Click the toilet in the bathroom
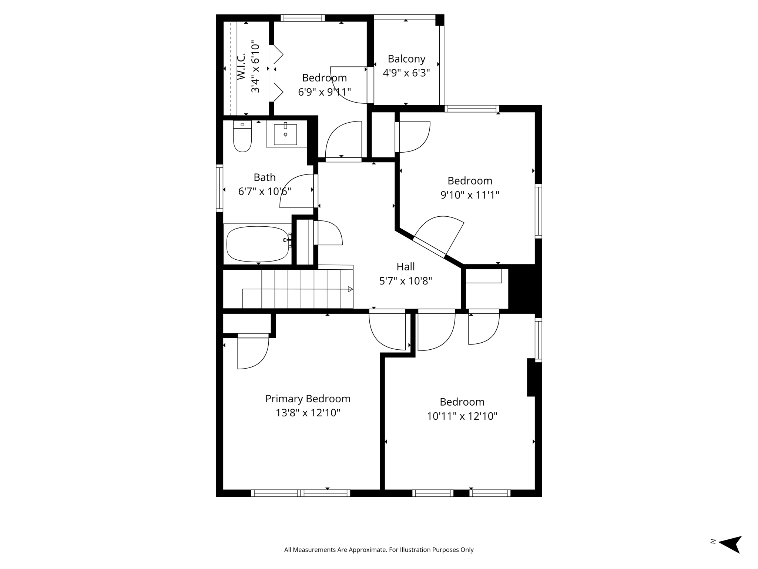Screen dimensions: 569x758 (242, 138)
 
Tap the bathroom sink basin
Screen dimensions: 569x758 (285, 134)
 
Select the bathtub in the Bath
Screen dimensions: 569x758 (258, 244)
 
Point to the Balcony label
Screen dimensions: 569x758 (406, 59)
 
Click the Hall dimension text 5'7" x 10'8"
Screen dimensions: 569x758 (406, 281)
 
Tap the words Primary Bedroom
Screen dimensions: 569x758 (308, 399)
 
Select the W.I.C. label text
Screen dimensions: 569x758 (241, 66)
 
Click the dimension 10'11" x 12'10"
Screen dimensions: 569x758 (462, 416)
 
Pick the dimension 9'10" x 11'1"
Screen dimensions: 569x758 (470, 195)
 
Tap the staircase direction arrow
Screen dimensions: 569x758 (350, 289)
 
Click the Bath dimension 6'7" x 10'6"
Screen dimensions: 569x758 (264, 192)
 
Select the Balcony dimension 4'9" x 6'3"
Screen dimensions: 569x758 (406, 73)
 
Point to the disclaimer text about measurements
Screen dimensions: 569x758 (379, 550)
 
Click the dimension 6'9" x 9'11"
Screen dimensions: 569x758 (324, 92)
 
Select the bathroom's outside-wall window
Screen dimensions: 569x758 (219, 188)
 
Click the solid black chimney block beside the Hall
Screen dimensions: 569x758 (525, 288)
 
